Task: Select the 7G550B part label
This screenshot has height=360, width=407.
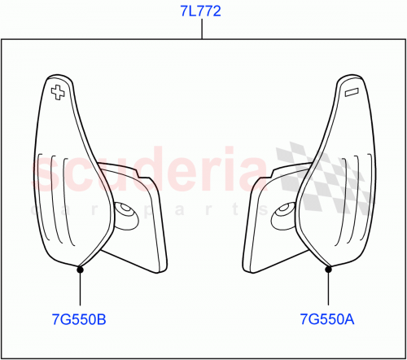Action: pyautogui.click(x=80, y=320)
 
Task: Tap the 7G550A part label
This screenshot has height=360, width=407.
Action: pyautogui.click(x=327, y=320)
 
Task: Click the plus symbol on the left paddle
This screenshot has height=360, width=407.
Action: pyautogui.click(x=57, y=91)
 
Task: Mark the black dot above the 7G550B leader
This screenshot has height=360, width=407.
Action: pyautogui.click(x=80, y=266)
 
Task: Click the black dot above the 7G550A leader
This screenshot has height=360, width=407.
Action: pyautogui.click(x=327, y=266)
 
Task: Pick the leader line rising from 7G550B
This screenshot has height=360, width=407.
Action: pyautogui.click(x=80, y=289)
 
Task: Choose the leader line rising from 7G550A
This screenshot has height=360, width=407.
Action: pyautogui.click(x=327, y=289)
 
